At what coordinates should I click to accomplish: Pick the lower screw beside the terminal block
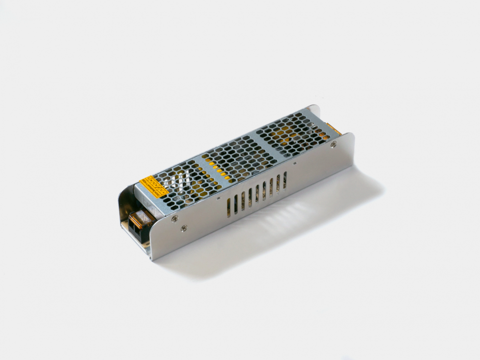click(184, 228)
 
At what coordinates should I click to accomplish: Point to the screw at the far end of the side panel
click(334, 144)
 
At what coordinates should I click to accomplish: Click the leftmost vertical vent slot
click(229, 208)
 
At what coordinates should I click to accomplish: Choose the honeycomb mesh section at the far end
click(292, 131)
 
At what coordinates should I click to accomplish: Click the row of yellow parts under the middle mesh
click(220, 171)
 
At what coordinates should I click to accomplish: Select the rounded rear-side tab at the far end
click(314, 110)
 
